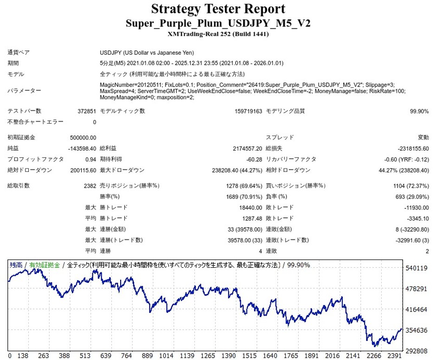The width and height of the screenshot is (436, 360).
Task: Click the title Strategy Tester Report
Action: coord(218,9)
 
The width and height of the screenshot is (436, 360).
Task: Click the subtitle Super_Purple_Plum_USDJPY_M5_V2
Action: coord(218,23)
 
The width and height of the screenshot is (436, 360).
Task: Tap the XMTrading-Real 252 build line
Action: coord(218,34)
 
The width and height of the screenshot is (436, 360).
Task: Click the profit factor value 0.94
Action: coord(90,159)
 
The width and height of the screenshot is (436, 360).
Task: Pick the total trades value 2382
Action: coord(89,186)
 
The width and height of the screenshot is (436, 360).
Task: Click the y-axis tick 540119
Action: coord(416,268)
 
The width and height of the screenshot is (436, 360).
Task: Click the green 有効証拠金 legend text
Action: coord(45,265)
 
